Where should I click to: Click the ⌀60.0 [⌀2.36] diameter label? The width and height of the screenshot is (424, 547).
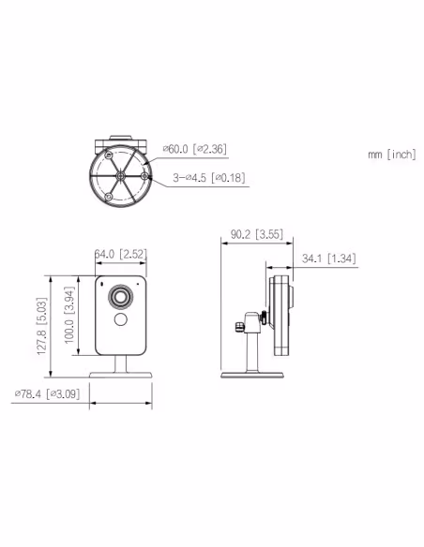click(x=195, y=148)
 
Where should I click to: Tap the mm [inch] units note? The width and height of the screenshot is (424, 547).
click(x=391, y=154)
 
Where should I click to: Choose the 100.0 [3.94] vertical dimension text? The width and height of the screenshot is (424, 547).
click(x=69, y=321)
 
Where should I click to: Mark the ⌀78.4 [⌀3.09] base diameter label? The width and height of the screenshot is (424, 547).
click(x=48, y=393)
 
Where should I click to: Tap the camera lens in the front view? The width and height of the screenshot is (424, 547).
click(x=121, y=297)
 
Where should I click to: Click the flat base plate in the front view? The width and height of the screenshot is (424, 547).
click(x=120, y=376)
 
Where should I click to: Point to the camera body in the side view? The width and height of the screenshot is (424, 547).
click(x=279, y=314)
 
